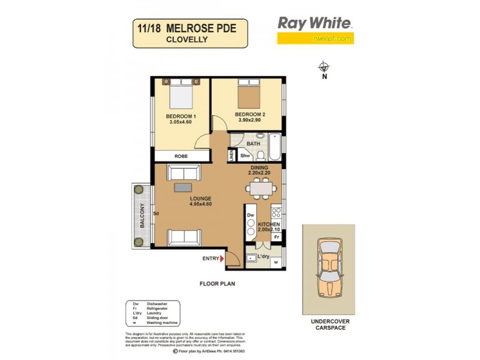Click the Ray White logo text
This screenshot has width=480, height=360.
(x=314, y=23)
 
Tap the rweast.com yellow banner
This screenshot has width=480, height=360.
(x=315, y=38)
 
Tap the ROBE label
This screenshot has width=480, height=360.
(x=181, y=156)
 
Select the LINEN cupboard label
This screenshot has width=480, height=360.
(x=232, y=155)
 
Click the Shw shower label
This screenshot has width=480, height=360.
(x=245, y=156)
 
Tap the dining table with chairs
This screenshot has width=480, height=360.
(x=261, y=189)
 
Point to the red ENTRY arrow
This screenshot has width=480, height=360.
(x=223, y=259)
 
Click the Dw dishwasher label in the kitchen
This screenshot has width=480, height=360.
(x=250, y=215)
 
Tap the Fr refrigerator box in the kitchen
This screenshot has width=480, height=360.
(x=277, y=236)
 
